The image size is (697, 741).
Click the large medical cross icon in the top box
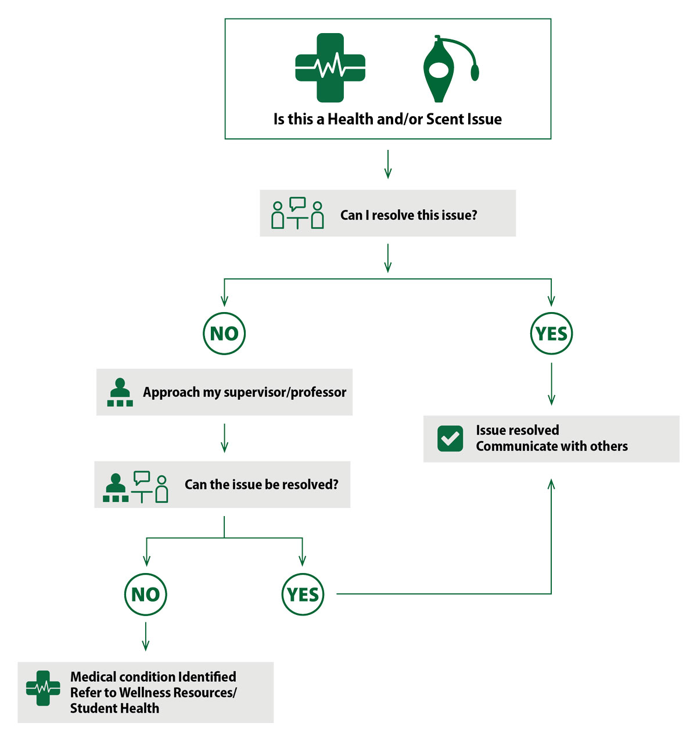click(x=330, y=68)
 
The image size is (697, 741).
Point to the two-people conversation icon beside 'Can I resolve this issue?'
click(x=297, y=213)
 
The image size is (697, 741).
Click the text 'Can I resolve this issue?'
click(x=408, y=215)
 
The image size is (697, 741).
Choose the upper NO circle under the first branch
click(x=224, y=333)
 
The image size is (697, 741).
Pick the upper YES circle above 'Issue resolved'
click(x=551, y=333)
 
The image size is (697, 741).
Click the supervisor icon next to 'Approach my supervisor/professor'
click(x=120, y=392)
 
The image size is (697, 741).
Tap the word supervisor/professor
click(x=285, y=392)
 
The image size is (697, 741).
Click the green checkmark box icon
click(x=450, y=438)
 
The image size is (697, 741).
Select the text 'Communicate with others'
click(x=552, y=446)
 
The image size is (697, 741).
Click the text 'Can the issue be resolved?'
click(x=261, y=484)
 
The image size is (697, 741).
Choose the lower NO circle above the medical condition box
click(x=145, y=594)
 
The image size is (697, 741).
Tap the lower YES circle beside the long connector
click(x=303, y=594)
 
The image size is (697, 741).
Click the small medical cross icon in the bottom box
click(x=43, y=688)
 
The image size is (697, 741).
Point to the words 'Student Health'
click(x=114, y=708)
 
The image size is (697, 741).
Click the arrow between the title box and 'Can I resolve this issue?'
click(x=388, y=164)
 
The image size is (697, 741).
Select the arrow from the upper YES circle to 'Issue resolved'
click(x=551, y=384)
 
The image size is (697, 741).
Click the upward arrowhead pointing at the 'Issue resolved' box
click(x=551, y=484)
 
